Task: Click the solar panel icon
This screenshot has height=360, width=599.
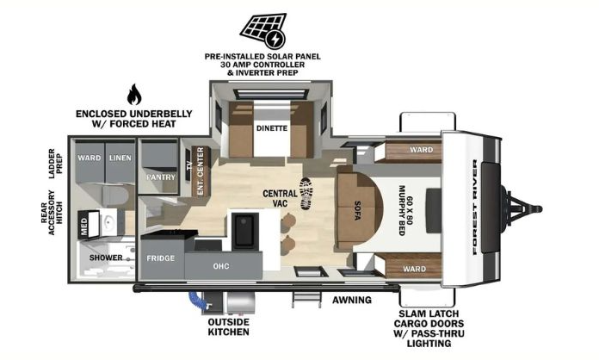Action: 262,30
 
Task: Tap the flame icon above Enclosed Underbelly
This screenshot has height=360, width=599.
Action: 133,94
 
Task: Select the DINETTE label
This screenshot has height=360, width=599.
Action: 271,128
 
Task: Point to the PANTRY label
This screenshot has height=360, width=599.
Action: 161,177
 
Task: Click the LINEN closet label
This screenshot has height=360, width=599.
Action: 120,158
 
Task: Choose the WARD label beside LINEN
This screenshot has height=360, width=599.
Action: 90,158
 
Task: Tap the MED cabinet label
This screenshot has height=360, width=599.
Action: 83,226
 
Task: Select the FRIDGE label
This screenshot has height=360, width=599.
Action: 161,258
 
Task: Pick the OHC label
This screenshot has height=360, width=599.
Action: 221,266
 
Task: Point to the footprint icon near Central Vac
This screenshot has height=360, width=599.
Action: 306,193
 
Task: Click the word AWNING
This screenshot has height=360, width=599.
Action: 352,301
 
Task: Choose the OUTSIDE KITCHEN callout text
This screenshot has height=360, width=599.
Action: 228,326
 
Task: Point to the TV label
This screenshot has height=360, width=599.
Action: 188,168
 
